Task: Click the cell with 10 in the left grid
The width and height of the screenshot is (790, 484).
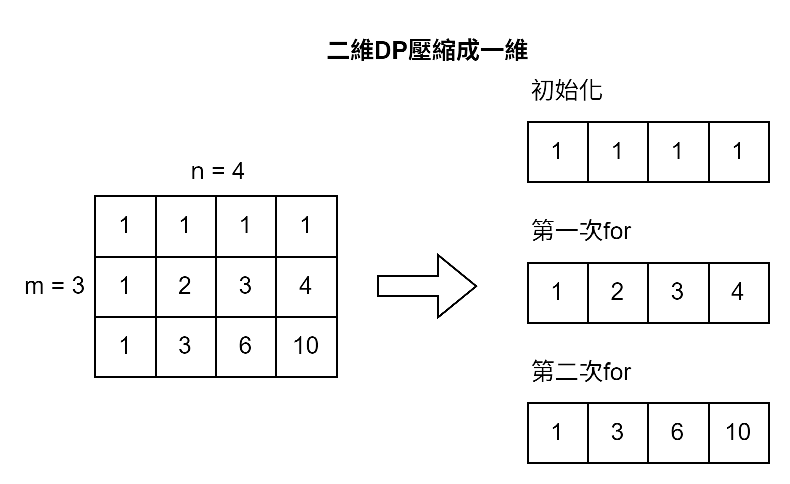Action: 306,346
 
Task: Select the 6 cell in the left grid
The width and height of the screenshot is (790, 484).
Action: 245,346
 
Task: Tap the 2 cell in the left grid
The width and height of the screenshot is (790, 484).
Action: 185,286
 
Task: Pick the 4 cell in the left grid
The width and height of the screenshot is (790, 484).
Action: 306,286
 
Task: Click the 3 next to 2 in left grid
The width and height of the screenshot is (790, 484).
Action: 245,286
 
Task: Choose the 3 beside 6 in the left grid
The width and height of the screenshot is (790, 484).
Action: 185,346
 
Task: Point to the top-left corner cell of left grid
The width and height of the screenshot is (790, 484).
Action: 125,225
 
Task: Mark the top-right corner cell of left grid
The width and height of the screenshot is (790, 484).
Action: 306,225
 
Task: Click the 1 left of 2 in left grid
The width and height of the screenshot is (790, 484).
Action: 125,286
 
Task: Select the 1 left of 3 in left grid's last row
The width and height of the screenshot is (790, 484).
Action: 125,346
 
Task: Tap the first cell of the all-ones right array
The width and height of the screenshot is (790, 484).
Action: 557,151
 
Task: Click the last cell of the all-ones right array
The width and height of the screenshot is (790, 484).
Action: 738,151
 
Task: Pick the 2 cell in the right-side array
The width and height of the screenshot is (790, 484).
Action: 617,292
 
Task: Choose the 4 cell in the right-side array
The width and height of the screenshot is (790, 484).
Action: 738,292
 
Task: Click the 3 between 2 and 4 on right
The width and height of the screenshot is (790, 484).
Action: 677,292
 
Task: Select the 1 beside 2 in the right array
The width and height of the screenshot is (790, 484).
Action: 557,292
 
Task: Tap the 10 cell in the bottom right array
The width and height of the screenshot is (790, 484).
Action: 738,432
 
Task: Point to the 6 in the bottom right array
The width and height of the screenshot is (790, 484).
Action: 677,432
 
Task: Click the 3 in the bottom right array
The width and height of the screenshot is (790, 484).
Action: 617,432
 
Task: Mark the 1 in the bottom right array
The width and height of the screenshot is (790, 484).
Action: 557,432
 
